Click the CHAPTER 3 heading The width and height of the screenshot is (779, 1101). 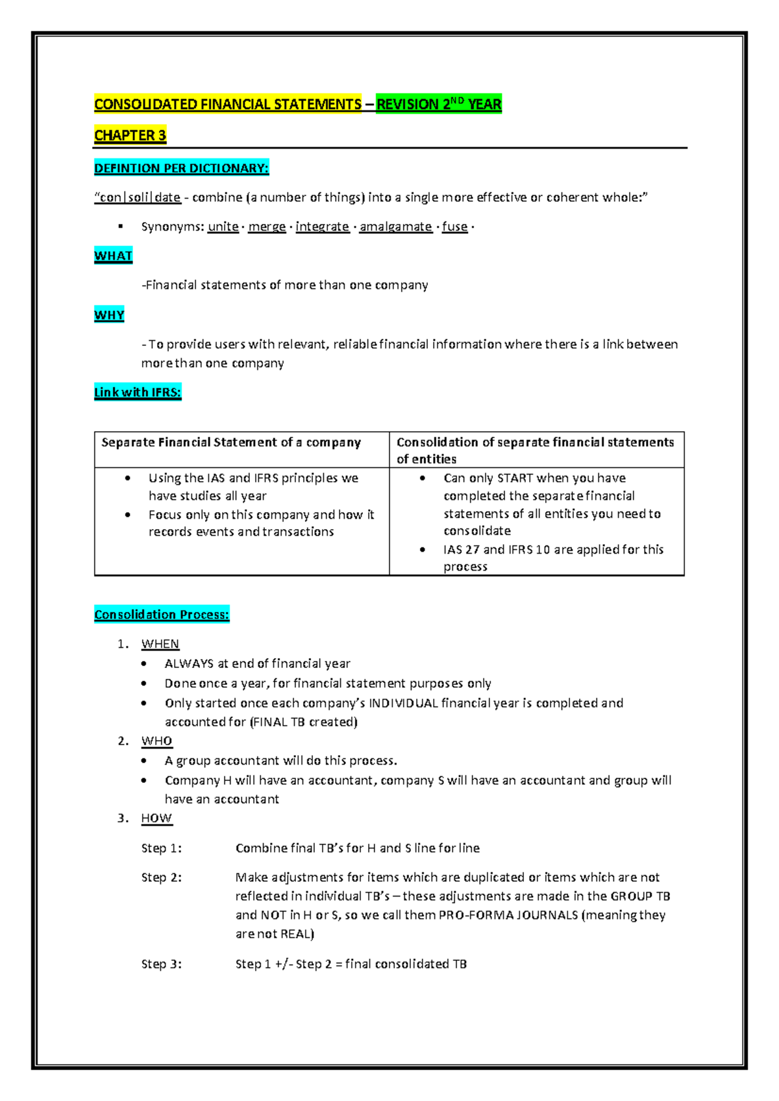130,136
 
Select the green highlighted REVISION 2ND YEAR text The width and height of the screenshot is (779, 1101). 439,105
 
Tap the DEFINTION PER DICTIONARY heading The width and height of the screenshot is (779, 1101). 181,169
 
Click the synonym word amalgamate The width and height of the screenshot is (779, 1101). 395,227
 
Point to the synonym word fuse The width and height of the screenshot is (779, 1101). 454,227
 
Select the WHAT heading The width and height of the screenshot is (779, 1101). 113,256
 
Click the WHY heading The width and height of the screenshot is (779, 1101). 109,315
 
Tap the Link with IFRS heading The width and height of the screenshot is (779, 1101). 138,392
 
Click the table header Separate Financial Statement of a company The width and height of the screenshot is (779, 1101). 231,443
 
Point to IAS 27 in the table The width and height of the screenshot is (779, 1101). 461,550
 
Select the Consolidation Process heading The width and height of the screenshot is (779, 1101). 162,615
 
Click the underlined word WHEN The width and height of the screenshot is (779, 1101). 160,644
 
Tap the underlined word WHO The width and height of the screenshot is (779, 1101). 156,741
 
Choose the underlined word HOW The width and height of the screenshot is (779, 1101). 156,819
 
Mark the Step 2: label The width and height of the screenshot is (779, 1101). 162,878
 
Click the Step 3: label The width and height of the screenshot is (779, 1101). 162,964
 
